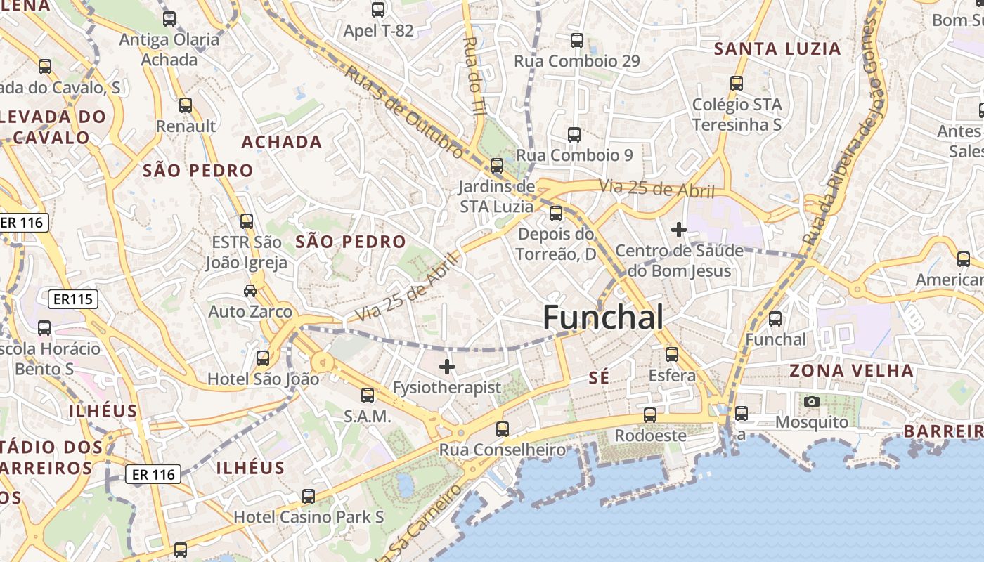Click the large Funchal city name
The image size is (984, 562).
tap(603, 318)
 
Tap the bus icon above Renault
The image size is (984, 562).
tap(186, 105)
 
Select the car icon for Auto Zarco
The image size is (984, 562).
tap(250, 290)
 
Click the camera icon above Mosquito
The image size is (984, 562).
tap(812, 401)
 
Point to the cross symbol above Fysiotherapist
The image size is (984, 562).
tap(447, 366)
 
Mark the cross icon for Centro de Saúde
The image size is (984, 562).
tap(678, 229)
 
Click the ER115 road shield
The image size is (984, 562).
tap(73, 299)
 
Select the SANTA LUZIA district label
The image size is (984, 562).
tap(777, 48)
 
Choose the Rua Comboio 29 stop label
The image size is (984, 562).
tap(577, 61)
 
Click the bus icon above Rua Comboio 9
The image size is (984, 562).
tap(574, 134)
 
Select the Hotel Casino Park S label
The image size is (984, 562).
tap(309, 517)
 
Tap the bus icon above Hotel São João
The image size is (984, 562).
tap(263, 358)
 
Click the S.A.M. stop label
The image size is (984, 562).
tap(367, 417)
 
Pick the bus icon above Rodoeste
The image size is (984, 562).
tap(650, 414)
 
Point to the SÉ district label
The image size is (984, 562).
tap(599, 378)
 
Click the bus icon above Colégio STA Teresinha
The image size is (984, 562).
tap(737, 84)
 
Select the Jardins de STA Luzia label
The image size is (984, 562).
tap(496, 197)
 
